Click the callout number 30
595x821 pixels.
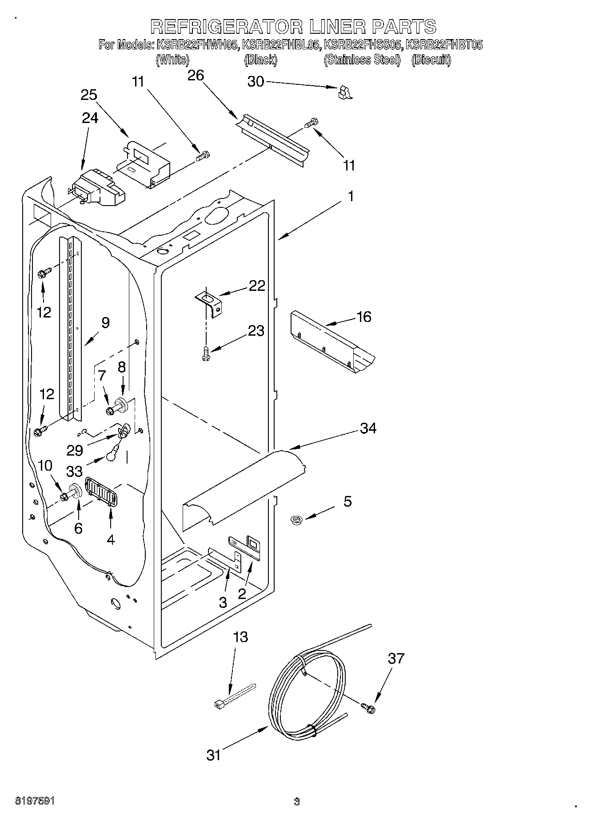tap(255, 82)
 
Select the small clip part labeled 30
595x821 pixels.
tap(344, 92)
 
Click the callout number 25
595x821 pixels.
tap(89, 95)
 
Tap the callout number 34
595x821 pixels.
tap(368, 428)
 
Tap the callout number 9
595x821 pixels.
tap(105, 322)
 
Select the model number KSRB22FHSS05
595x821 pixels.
tap(363, 45)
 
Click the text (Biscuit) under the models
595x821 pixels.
tap(431, 60)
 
